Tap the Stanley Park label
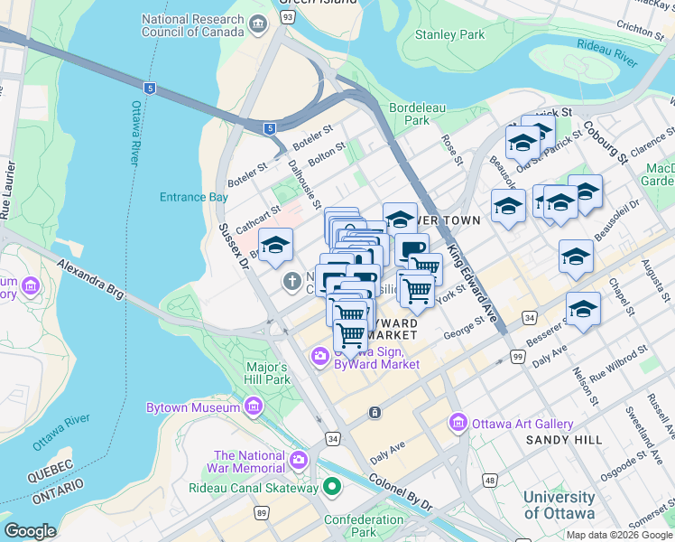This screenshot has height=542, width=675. pyautogui.click(x=448, y=35)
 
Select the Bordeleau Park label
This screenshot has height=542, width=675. pyautogui.click(x=417, y=113)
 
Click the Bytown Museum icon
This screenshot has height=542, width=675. pyautogui.click(x=254, y=408)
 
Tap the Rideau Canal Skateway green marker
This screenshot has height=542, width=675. pyautogui.click(x=331, y=488)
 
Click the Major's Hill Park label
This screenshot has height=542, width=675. pyautogui.click(x=267, y=373)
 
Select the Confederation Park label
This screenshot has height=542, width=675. pyautogui.click(x=364, y=526)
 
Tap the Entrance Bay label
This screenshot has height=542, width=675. pyautogui.click(x=194, y=197)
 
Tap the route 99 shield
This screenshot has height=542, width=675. pyautogui.click(x=518, y=358)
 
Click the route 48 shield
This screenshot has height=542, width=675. pyautogui.click(x=489, y=479)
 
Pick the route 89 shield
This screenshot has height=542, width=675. pyautogui.click(x=262, y=513)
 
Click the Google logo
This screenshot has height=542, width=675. pyautogui.click(x=31, y=531)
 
